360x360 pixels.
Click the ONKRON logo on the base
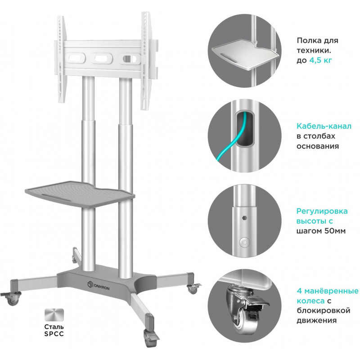click(99, 286)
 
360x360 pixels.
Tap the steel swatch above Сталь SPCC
click(54, 315)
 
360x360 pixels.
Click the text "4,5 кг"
click(320, 60)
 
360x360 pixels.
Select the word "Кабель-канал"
click(324, 126)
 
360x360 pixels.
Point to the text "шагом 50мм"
click(321, 231)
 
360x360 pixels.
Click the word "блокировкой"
click(323, 310)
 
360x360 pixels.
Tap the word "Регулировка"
click(322, 211)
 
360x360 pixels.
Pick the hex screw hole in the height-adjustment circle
click(244, 217)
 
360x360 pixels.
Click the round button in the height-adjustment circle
click(244, 242)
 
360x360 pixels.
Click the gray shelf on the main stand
click(80, 193)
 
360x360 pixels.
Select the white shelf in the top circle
click(246, 54)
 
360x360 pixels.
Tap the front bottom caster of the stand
click(150, 338)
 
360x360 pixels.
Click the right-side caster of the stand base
click(193, 288)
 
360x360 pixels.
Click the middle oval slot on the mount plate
click(101, 58)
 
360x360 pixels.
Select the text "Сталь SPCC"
click(54, 330)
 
